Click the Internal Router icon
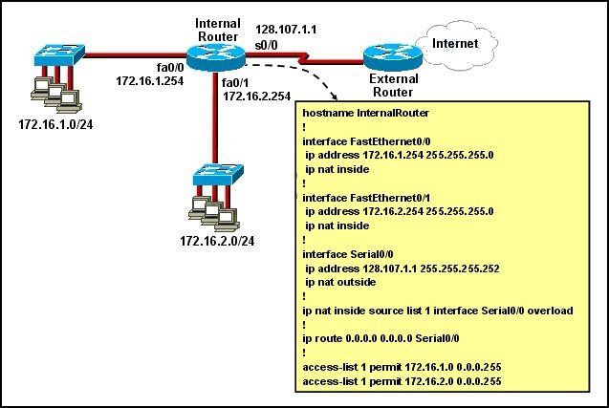pos(215,57)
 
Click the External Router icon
pos(393,57)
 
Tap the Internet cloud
pos(457,45)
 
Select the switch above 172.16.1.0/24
pos(59,54)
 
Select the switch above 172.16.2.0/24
pos(218,175)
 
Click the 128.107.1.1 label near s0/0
pos(286,30)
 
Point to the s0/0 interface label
pos(266,46)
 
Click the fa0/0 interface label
pos(170,67)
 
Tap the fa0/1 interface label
pos(235,83)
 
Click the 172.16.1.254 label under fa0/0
pos(150,81)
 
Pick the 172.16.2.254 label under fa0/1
pos(257,97)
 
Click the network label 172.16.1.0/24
pos(55,124)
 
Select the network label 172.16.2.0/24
pos(217,241)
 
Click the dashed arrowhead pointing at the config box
pos(333,97)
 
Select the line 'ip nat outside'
pos(340,282)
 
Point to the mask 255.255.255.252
pos(460,268)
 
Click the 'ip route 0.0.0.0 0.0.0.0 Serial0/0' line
pos(381,338)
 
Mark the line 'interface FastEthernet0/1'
pos(366,198)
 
